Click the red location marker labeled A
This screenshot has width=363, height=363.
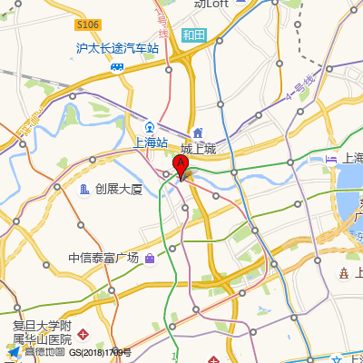(181, 167)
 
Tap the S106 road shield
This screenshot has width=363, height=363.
(88, 25)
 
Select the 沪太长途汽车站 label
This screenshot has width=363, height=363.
(117, 48)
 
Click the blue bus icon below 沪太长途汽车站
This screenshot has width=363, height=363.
(117, 66)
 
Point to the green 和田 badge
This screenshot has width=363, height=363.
(193, 35)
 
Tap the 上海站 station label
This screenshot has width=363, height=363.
(150, 142)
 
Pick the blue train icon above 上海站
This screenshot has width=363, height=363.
(150, 126)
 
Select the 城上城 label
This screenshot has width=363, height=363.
(198, 149)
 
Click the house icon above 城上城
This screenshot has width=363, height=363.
(198, 132)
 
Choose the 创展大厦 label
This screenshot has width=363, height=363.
(119, 189)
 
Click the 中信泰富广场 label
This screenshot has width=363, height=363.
(103, 258)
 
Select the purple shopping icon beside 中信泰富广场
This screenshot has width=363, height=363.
(150, 259)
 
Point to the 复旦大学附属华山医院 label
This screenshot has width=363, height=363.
(42, 331)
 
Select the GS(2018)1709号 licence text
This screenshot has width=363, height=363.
(100, 352)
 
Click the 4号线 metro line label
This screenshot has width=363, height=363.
(301, 88)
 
